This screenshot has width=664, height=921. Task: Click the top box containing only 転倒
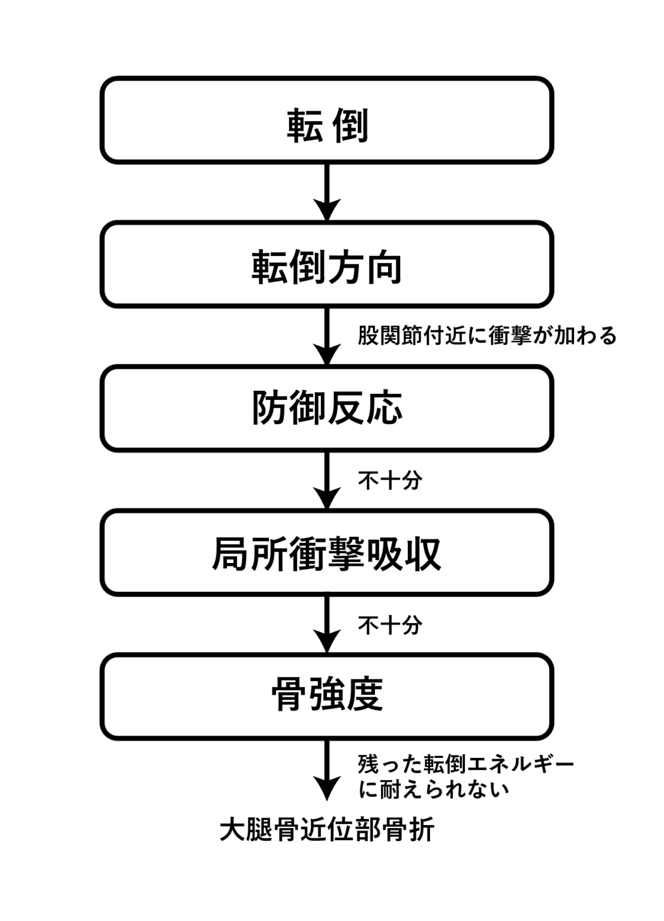point(326,120)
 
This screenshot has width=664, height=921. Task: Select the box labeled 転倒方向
point(326,264)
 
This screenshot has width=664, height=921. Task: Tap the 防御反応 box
point(326,408)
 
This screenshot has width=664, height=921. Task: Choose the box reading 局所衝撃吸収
point(326,552)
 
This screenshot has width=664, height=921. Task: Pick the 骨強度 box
point(326,696)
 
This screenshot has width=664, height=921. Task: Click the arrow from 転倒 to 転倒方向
point(327,192)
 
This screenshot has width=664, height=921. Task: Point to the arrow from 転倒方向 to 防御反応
point(327,336)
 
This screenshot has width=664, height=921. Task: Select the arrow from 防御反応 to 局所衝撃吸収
point(327,480)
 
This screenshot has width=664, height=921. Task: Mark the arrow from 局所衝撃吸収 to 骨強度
point(327,624)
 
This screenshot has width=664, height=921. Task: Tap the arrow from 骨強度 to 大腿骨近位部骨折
point(327,770)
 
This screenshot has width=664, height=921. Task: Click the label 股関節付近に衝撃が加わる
point(487,336)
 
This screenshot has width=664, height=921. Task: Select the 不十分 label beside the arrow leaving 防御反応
point(390,480)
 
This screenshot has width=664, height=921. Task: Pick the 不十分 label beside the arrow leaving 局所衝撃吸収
point(390,625)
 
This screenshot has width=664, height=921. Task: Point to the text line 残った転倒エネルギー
point(466,764)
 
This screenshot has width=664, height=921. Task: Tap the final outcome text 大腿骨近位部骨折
point(326,830)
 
